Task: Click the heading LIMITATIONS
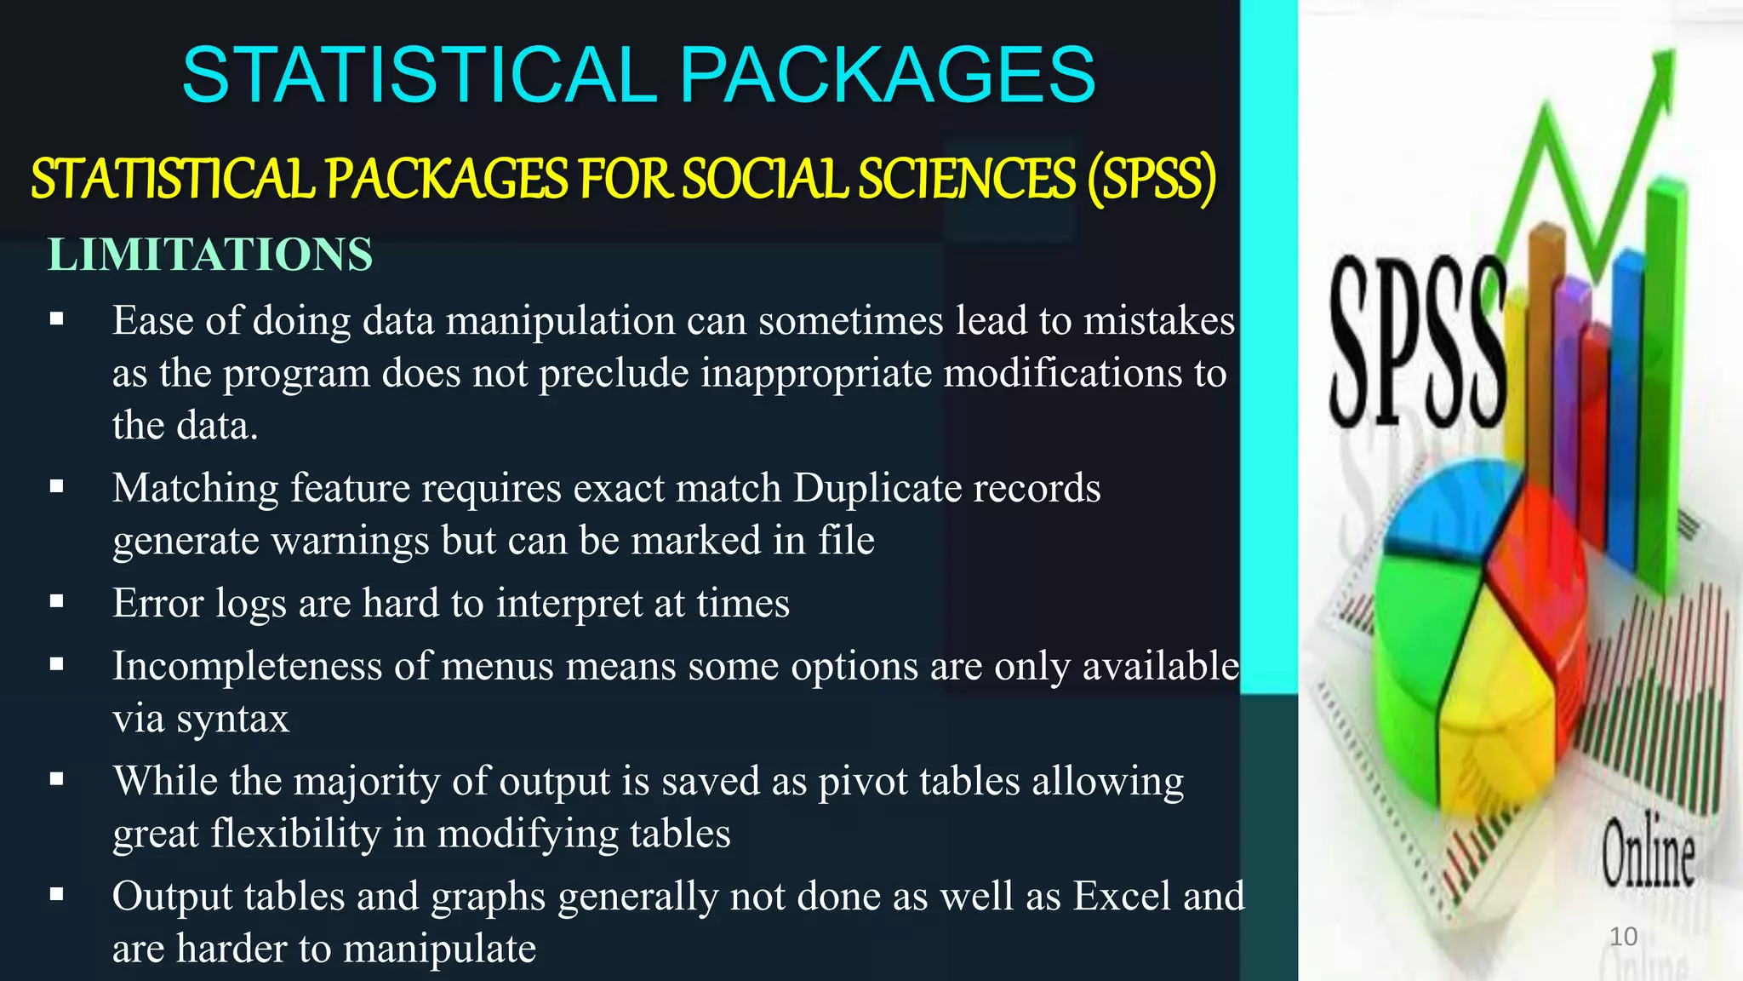point(210,255)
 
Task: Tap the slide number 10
point(1623,937)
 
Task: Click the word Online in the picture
point(1648,853)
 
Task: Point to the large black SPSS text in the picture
point(1416,343)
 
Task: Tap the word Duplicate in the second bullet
point(877,488)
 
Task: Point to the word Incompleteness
point(247,666)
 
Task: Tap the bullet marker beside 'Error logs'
point(57,602)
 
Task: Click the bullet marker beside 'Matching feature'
point(57,487)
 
